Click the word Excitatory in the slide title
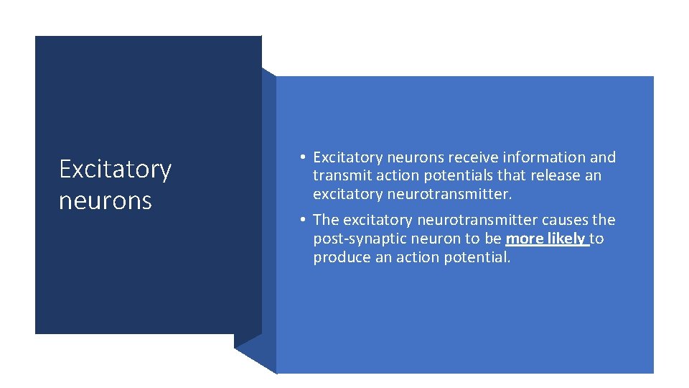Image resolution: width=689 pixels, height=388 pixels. [115, 170]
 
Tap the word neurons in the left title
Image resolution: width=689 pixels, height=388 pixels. [106, 201]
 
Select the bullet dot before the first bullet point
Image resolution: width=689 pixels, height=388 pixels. [304, 157]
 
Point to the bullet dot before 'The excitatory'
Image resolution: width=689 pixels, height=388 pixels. [304, 220]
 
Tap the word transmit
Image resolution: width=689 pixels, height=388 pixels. [339, 176]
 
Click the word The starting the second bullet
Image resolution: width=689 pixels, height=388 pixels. [326, 220]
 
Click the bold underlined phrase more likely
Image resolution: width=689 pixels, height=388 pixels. [545, 239]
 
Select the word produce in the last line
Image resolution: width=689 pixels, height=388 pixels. [342, 257]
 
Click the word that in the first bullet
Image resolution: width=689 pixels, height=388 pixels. [510, 176]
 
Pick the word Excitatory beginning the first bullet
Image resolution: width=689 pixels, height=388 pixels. [348, 157]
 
